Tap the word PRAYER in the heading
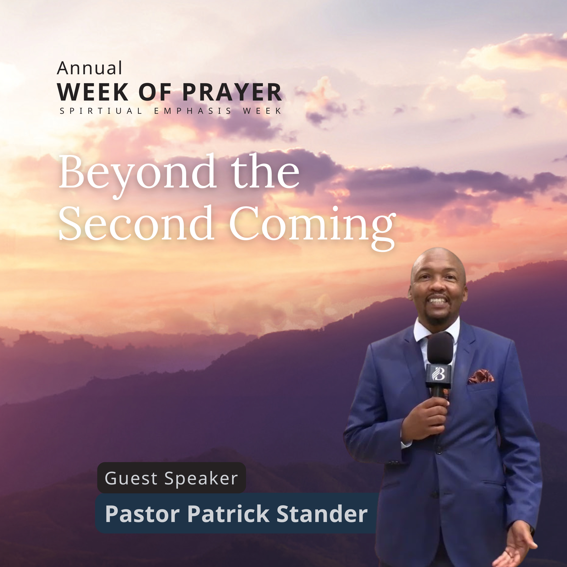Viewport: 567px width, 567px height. pos(232,92)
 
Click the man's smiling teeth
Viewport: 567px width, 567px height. pos(438,301)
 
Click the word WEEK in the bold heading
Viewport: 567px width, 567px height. pos(93,92)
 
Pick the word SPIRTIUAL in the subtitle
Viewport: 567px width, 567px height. pos(101,111)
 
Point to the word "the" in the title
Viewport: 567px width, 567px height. pos(265,172)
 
